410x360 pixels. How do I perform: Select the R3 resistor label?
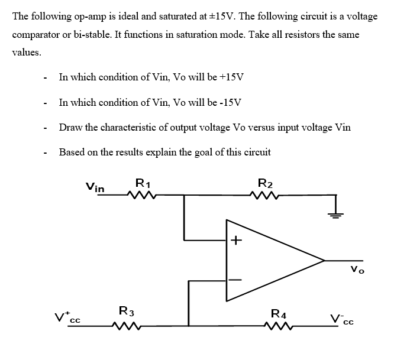point(126,310)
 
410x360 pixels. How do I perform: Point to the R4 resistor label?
point(278,313)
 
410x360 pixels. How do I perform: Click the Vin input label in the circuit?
point(96,187)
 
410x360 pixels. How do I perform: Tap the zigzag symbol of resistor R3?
point(126,325)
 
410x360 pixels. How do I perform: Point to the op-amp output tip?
point(324,260)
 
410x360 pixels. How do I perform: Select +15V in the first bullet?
point(231,77)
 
